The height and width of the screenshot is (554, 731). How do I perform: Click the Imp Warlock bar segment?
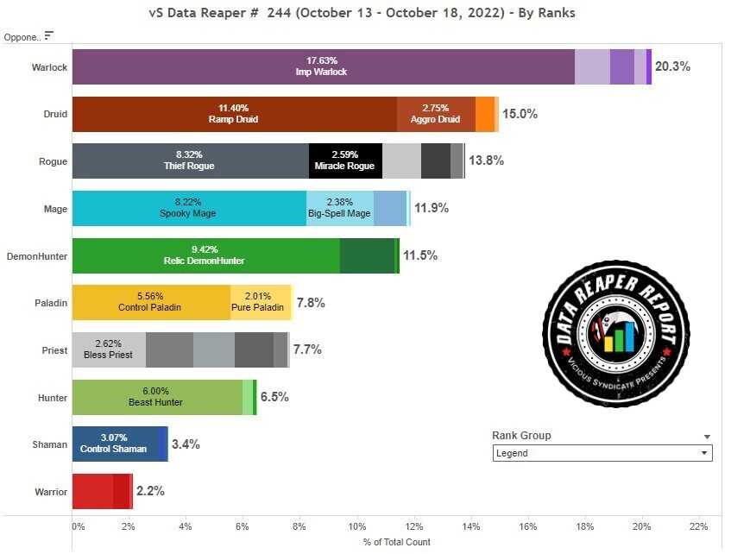[x=324, y=66]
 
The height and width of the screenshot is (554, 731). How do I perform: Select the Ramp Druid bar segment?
[x=234, y=114]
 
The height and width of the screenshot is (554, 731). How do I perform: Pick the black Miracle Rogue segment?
[x=345, y=161]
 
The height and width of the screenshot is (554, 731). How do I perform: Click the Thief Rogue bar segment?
[x=190, y=161]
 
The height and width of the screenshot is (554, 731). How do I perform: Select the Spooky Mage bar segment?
[x=188, y=208]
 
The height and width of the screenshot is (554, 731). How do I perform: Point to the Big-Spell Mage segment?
[x=340, y=208]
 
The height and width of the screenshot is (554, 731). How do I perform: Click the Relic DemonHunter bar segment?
[x=205, y=255]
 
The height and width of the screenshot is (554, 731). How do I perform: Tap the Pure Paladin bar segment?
[x=261, y=303]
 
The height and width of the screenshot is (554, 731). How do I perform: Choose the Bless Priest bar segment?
[x=109, y=349]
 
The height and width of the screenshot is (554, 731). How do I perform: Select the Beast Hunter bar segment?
[x=156, y=397]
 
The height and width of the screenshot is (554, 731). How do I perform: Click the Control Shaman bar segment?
[x=114, y=444]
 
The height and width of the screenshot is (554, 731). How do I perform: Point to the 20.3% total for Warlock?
[x=672, y=66]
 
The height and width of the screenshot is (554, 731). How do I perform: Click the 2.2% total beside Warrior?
[x=150, y=491]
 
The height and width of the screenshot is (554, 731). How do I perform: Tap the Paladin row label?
[x=50, y=303]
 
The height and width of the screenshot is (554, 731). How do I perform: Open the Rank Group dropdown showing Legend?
[x=602, y=453]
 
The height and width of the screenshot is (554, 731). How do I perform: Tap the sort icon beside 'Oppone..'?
[x=49, y=35]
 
